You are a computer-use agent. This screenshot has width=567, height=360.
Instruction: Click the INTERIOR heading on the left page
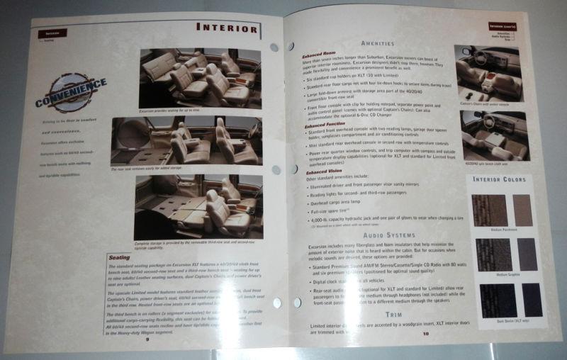[x=227, y=29]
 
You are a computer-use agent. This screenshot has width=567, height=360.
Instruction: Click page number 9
[x=147, y=339]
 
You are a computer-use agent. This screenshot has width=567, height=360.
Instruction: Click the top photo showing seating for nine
[x=191, y=74]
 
